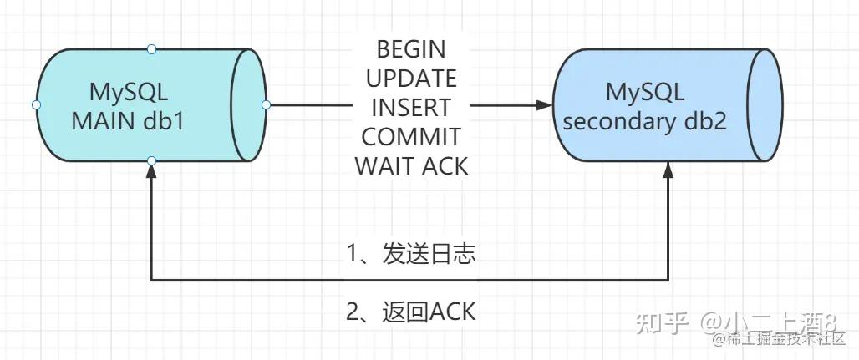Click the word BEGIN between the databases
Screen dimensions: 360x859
pos(411,49)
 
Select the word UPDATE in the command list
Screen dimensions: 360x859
pos(411,79)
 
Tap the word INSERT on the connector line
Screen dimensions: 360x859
pos(411,108)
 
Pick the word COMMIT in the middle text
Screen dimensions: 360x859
pos(411,137)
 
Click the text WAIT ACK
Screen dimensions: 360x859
pos(411,165)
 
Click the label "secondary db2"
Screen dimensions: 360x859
pos(644,121)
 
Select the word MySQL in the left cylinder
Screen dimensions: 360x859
pos(129,91)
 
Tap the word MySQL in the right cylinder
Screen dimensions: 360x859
pos(645,91)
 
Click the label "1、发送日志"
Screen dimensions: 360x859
pos(411,254)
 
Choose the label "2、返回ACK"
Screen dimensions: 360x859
pos(411,312)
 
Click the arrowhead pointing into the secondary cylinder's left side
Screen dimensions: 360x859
pos(545,105)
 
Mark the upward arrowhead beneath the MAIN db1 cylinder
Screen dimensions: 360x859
pos(151,170)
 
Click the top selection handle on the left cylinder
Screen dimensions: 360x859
pos(151,49)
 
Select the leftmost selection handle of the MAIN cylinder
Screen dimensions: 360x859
pos(36,104)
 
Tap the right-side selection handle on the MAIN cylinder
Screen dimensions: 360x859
pos(266,104)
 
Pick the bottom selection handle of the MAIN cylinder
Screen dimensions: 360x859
pos(151,160)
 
